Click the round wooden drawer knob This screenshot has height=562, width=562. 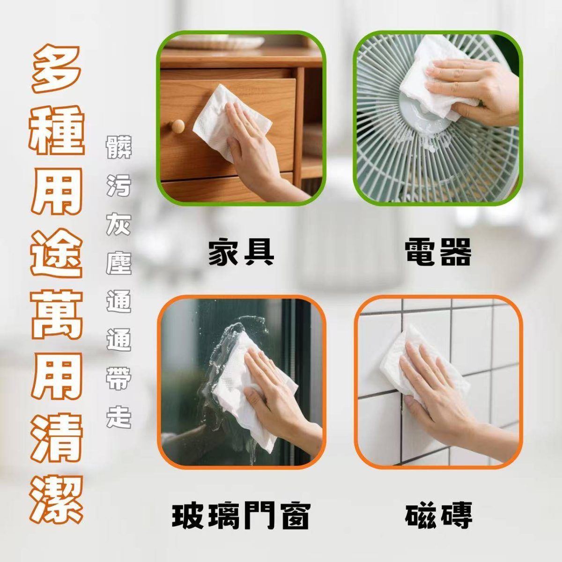click(x=177, y=126)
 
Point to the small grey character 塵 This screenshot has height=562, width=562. click(x=118, y=262)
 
